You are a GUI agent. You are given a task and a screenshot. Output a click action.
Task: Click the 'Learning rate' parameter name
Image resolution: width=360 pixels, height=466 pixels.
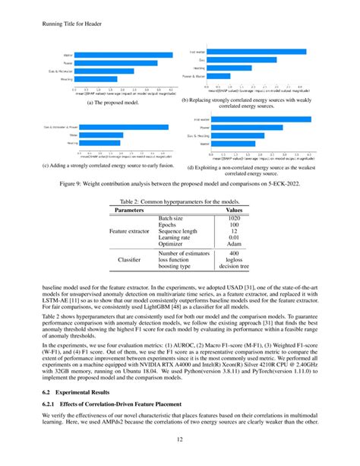(x=174, y=237)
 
